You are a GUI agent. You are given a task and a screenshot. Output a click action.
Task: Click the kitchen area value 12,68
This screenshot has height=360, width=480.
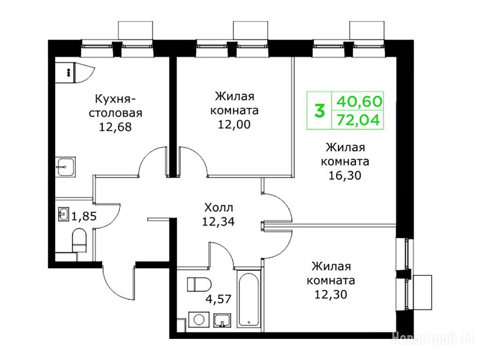pos(115,127)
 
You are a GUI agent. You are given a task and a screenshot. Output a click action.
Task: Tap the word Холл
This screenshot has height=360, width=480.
pos(218,208)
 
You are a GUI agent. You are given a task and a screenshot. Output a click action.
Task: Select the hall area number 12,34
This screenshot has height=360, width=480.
pos(218,222)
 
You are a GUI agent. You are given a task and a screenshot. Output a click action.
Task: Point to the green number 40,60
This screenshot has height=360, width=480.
pos(360,101)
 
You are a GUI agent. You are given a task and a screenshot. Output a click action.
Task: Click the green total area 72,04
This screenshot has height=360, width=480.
pos(358,120)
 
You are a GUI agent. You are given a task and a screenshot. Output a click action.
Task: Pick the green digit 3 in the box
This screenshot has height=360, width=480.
pos(319,111)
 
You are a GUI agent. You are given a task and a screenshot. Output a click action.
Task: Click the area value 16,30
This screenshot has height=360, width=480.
pos(345,175)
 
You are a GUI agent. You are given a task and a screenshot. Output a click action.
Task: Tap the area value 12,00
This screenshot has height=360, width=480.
pos(234,124)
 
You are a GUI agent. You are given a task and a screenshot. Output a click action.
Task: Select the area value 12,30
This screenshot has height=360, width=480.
pos(330,294)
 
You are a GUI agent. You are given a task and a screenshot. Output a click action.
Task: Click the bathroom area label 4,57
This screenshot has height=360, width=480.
pos(218,299)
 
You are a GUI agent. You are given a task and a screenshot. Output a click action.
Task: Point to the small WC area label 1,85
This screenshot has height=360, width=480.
pos(84,217)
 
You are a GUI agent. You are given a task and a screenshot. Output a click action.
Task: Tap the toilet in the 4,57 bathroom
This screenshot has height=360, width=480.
pos(199,285)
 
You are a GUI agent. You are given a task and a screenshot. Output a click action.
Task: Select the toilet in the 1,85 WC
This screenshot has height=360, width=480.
pos(79,240)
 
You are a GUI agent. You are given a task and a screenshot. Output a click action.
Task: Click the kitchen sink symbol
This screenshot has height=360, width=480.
pos(65,167)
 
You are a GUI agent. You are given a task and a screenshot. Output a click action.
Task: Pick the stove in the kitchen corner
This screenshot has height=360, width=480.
pos(65,73)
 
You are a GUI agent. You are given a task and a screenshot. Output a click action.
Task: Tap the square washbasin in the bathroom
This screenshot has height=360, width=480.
pos(222,321)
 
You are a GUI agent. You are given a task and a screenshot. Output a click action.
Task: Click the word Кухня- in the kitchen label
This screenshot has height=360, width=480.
pos(116,99)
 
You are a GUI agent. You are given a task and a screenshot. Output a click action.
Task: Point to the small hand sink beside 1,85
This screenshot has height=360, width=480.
pos(64,214)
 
